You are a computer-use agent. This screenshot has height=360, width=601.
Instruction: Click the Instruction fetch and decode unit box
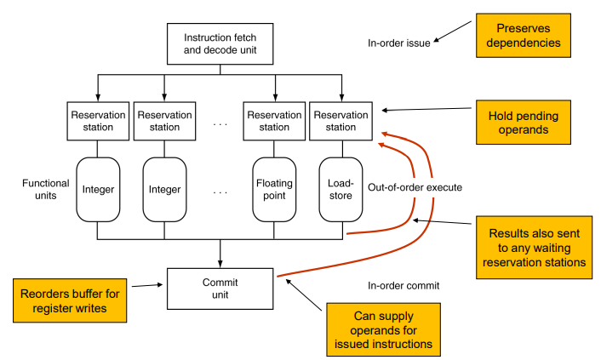pyautogui.click(x=220, y=43)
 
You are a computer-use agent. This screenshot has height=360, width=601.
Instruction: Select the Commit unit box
pyautogui.click(x=220, y=289)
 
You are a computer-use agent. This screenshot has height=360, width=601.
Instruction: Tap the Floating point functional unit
pyautogui.click(x=274, y=190)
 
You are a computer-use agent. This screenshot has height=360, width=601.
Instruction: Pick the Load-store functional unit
pyautogui.click(x=341, y=190)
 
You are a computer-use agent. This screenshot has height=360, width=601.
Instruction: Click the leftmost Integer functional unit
pyautogui.click(x=98, y=190)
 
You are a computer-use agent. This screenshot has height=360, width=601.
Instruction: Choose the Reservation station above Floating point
pyautogui.click(x=274, y=121)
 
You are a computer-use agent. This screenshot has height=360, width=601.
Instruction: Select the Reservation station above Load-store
pyautogui.click(x=341, y=121)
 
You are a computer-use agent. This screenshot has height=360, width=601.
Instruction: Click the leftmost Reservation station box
pyautogui.click(x=98, y=121)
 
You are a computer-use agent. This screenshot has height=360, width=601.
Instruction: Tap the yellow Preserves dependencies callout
pyautogui.click(x=524, y=36)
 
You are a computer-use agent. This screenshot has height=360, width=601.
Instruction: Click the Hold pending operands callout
pyautogui.click(x=524, y=123)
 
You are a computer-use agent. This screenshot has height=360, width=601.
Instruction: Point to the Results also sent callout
pyautogui.click(x=534, y=248)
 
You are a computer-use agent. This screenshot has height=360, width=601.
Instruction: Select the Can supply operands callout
pyautogui.click(x=383, y=329)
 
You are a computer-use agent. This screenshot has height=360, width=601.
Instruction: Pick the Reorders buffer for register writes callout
pyautogui.click(x=70, y=300)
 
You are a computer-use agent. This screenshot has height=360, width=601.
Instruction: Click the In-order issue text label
pyautogui.click(x=399, y=43)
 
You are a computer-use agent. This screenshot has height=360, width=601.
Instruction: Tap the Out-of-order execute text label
pyautogui.click(x=415, y=187)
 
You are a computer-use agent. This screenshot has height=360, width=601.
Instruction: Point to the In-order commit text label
pyautogui.click(x=404, y=286)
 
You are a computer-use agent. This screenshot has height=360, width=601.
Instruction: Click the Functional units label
pyautogui.click(x=46, y=190)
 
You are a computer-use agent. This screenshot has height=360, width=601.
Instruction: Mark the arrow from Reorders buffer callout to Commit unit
pyautogui.click(x=147, y=285)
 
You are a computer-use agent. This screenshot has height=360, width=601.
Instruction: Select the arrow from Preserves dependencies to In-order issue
pyautogui.click(x=452, y=31)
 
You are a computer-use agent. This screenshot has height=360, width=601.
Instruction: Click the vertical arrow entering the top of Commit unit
pyautogui.click(x=220, y=254)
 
